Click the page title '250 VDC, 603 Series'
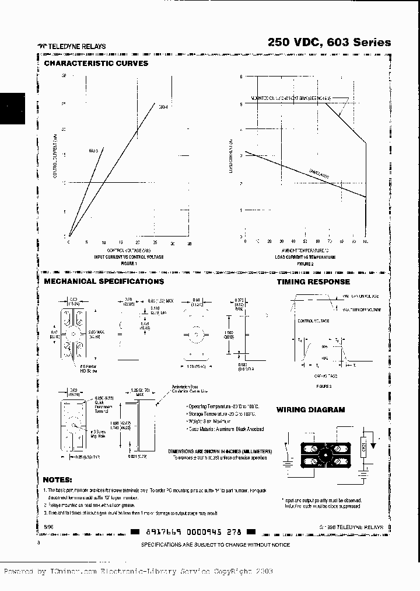click(329, 43)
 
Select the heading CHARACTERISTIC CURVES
click(96, 63)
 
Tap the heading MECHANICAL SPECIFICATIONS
click(104, 281)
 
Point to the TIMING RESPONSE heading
click(313, 281)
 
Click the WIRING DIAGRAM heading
click(310, 410)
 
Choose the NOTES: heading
click(55, 480)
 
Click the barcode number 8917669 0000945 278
click(192, 532)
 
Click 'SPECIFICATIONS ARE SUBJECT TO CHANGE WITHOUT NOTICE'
click(215, 544)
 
